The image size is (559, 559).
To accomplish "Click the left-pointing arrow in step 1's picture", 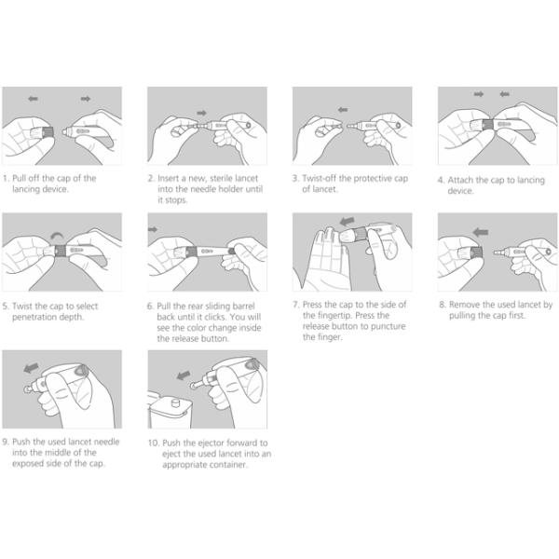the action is [34, 99].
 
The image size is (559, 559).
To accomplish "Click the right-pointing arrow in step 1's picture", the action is [86, 99].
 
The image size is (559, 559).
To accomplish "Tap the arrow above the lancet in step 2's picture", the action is [202, 113].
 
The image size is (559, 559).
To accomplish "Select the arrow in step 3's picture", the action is [343, 110].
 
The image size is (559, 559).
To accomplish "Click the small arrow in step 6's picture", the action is [153, 229].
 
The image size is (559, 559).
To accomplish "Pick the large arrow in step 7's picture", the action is [348, 222].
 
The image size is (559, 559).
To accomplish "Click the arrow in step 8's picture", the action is [481, 232].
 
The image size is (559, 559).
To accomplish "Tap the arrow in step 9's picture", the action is [32, 368].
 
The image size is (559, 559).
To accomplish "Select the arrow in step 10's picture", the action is [184, 375].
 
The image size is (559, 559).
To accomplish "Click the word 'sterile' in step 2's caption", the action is [221, 178].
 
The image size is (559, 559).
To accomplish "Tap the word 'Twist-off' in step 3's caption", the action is [320, 178].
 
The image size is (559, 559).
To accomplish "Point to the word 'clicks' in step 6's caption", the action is [215, 317].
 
